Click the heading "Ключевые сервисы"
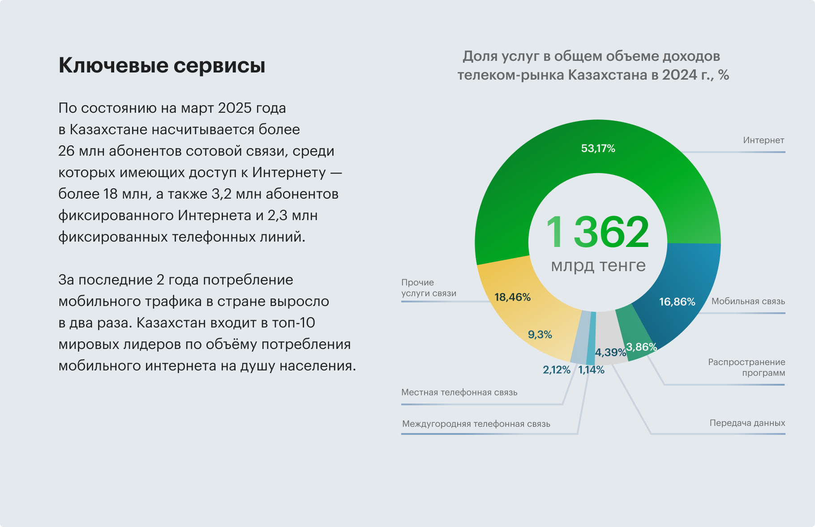[162, 65]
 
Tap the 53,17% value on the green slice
[598, 149]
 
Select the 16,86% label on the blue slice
[677, 302]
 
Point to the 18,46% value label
[512, 297]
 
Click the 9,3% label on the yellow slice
[540, 335]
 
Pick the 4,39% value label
[610, 353]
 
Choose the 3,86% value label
[641, 347]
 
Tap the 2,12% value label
[556, 370]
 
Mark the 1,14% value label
[591, 370]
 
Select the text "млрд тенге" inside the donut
[598, 266]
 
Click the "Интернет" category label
[764, 140]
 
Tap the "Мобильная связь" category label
[748, 302]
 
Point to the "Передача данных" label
[747, 423]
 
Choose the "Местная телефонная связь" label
[459, 393]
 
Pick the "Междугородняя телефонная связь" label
[476, 424]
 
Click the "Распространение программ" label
[746, 368]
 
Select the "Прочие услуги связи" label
[429, 288]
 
